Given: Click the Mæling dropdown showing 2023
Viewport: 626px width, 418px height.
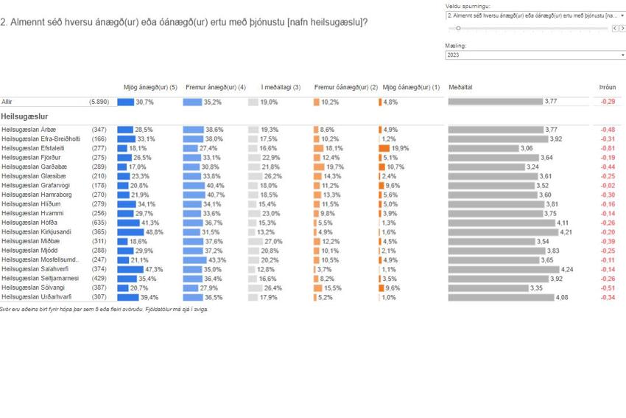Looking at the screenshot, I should click(x=535, y=55).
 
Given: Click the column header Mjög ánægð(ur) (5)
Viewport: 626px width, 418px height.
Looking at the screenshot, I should click(x=150, y=87).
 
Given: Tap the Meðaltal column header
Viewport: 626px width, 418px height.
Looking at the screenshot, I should click(x=460, y=87).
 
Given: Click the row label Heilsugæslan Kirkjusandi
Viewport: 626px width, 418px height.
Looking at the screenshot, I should click(x=36, y=231).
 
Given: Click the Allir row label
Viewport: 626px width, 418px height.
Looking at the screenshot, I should click(x=7, y=102).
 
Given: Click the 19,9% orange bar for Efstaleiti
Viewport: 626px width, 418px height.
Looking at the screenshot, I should click(x=384, y=148).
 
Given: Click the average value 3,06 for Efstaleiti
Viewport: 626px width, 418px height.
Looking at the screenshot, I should click(x=526, y=148).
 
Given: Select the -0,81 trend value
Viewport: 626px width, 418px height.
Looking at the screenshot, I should click(x=608, y=148).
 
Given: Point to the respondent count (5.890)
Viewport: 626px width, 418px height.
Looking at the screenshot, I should click(x=99, y=102).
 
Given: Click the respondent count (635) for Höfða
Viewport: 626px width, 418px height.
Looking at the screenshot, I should click(x=99, y=223).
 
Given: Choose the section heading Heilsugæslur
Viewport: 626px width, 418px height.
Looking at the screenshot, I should click(x=25, y=116).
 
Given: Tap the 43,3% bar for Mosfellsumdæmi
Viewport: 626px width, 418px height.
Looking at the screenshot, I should click(x=194, y=259).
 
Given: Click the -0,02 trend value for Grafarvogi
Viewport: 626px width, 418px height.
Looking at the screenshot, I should click(x=608, y=185).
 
